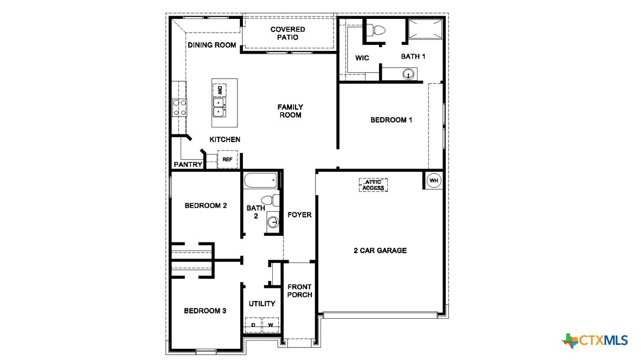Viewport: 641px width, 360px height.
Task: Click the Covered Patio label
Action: (287, 33)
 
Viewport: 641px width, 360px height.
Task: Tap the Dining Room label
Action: (212, 45)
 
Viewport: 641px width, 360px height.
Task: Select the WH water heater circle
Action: (434, 181)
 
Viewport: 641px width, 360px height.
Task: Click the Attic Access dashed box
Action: (373, 185)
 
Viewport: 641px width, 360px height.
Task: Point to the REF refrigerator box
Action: (227, 159)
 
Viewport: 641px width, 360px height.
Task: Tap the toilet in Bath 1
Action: (376, 30)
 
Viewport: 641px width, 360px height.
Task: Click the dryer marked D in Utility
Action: (253, 325)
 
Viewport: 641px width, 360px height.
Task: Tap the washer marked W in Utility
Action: (270, 325)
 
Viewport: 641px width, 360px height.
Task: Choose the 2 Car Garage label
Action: (380, 250)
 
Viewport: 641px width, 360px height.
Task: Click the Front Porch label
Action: (299, 291)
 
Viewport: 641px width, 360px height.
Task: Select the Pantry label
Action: (188, 164)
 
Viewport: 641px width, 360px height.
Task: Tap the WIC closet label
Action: (362, 57)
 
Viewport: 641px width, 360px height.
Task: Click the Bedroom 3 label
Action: (205, 311)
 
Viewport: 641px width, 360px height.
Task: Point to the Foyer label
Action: (299, 215)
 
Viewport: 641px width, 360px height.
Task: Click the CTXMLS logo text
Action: (603, 340)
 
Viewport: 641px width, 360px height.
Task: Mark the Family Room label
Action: (290, 111)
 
